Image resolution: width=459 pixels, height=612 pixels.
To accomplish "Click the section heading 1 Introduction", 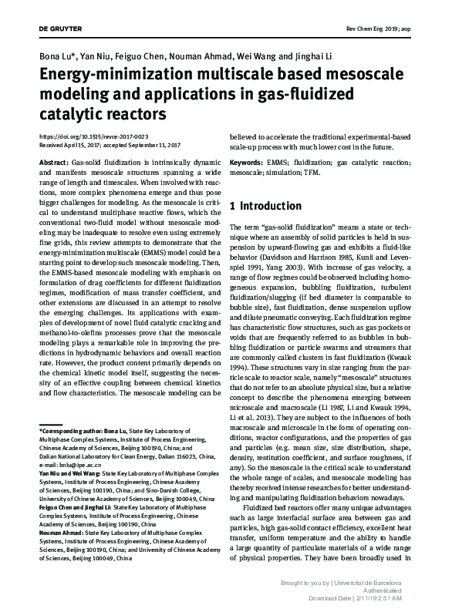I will coord(265,207).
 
